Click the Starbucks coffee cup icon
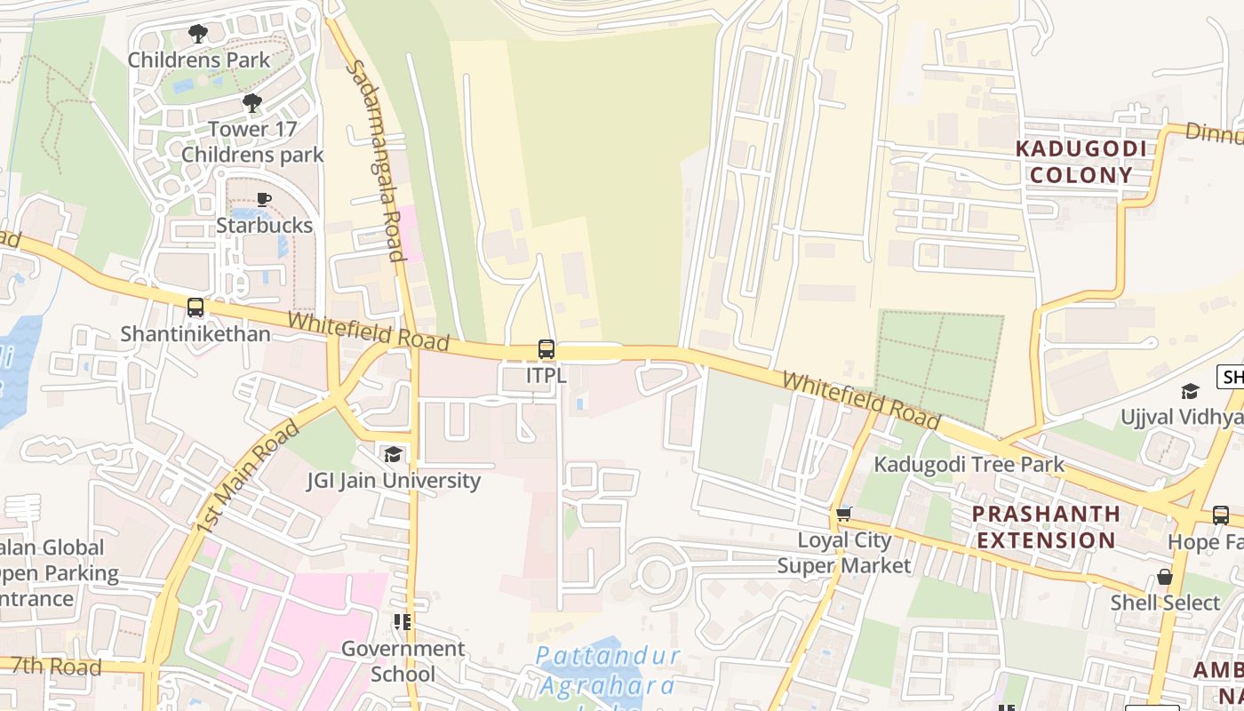pyautogui.click(x=263, y=199)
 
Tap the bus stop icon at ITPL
pyautogui.click(x=546, y=349)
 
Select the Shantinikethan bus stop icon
pyautogui.click(x=195, y=308)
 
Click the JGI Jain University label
pyautogui.click(x=393, y=481)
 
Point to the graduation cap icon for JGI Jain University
pyautogui.click(x=393, y=455)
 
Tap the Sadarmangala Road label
pyautogui.click(x=374, y=160)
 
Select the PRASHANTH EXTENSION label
pyautogui.click(x=1045, y=527)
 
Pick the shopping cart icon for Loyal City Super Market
pyautogui.click(x=843, y=513)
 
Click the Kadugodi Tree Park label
pyautogui.click(x=969, y=464)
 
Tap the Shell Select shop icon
pyautogui.click(x=1164, y=577)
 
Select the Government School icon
pyautogui.click(x=403, y=622)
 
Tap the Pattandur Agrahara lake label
pyautogui.click(x=609, y=672)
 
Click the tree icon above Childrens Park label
pyautogui.click(x=198, y=34)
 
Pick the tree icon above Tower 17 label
pyautogui.click(x=252, y=103)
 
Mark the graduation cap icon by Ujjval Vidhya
pyautogui.click(x=1189, y=391)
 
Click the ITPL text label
pyautogui.click(x=546, y=375)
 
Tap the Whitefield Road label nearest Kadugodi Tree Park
pyautogui.click(x=860, y=399)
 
